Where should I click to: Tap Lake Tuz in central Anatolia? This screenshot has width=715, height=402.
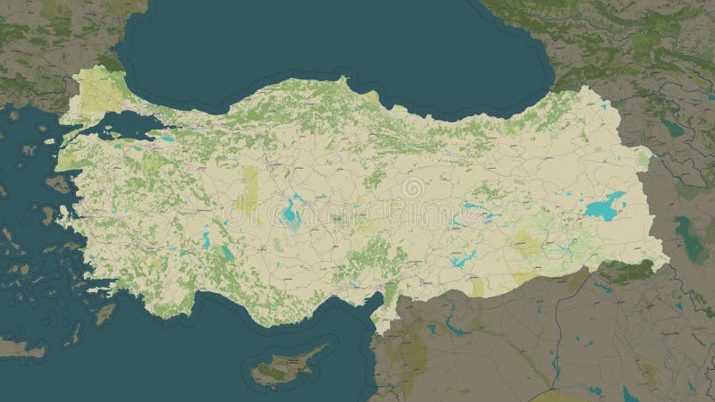pyautogui.click(x=290, y=211)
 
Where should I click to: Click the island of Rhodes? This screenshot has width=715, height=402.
pyautogui.click(x=105, y=314)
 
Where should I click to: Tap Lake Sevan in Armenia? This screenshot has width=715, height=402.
pyautogui.click(x=672, y=128)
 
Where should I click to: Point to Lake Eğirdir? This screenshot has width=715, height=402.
pyautogui.click(x=206, y=239)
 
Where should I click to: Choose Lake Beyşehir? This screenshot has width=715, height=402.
pyautogui.click(x=227, y=254)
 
